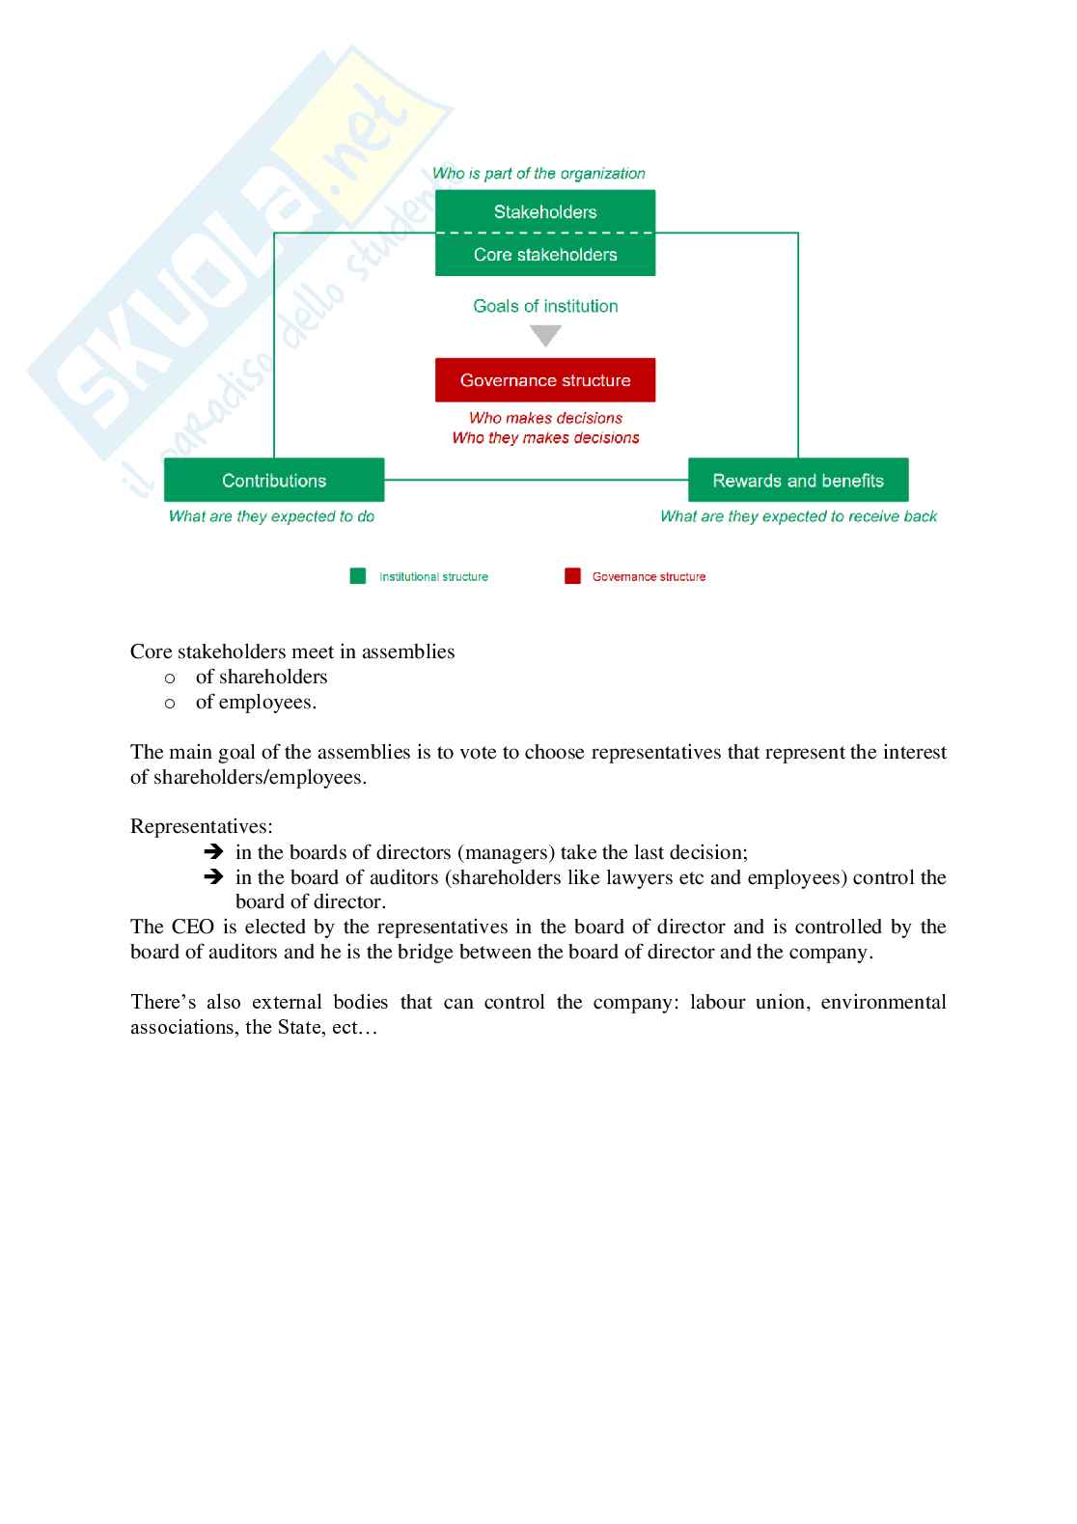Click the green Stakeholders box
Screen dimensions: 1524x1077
click(x=545, y=211)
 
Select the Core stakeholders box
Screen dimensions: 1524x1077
click(x=545, y=255)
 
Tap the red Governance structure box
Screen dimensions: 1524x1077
click(x=545, y=380)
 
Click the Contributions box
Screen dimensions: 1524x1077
click(x=274, y=481)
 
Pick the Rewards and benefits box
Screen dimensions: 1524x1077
click(x=798, y=481)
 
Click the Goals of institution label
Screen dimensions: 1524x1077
click(x=545, y=306)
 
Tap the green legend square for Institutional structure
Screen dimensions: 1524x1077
click(x=358, y=576)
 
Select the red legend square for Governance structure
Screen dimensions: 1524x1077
click(x=572, y=576)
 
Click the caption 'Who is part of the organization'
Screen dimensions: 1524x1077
click(x=538, y=174)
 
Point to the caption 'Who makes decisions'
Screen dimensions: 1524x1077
click(x=545, y=418)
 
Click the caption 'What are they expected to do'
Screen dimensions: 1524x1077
click(x=271, y=516)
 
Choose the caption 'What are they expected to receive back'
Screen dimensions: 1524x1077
click(x=798, y=516)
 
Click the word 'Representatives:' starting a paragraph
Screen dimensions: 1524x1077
click(x=202, y=827)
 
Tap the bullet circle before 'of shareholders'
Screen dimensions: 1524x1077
click(x=170, y=679)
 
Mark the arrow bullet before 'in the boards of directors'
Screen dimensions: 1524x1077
click(x=214, y=852)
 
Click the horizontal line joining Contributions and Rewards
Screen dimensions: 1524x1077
click(x=536, y=480)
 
